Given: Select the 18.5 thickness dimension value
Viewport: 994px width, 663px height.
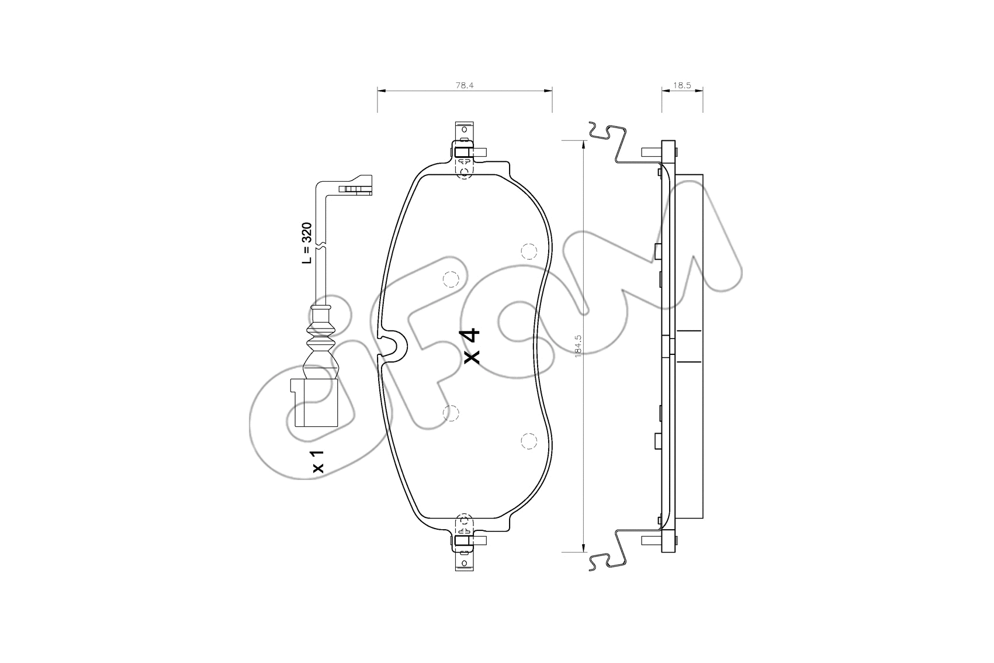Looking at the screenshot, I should (x=682, y=85).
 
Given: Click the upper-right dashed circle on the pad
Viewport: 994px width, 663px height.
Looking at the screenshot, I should (x=528, y=251).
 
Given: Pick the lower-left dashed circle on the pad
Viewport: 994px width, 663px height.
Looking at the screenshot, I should (x=451, y=413).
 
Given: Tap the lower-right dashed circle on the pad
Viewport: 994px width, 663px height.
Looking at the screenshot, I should (x=528, y=441).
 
